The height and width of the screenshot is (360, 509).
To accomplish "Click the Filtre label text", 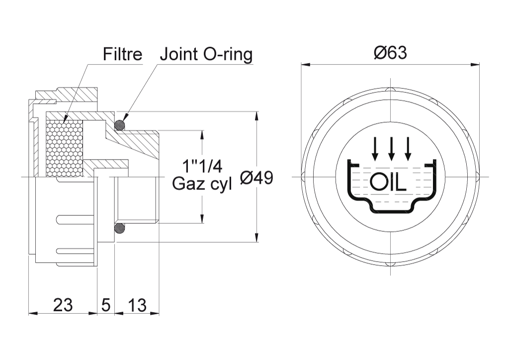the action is tap(122, 54).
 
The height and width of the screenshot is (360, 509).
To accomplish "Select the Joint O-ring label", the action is tap(206, 55).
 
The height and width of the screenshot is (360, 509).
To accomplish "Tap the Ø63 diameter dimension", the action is tap(390, 53).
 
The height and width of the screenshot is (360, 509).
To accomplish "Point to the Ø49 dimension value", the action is tap(256, 178).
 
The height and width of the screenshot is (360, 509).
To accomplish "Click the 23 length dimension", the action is tap(63, 305).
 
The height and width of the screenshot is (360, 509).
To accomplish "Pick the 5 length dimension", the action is tap(106, 305).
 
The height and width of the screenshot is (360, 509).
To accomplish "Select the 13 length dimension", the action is tap(137, 305).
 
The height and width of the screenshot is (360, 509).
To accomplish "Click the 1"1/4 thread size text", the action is tap(202, 167).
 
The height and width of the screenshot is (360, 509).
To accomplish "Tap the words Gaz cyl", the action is tap(202, 184).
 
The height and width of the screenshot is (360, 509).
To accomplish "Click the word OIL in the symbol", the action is tap(388, 182).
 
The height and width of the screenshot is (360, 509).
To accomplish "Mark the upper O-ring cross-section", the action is tap(120, 125).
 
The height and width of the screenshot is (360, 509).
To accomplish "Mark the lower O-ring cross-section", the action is tap(120, 229).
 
